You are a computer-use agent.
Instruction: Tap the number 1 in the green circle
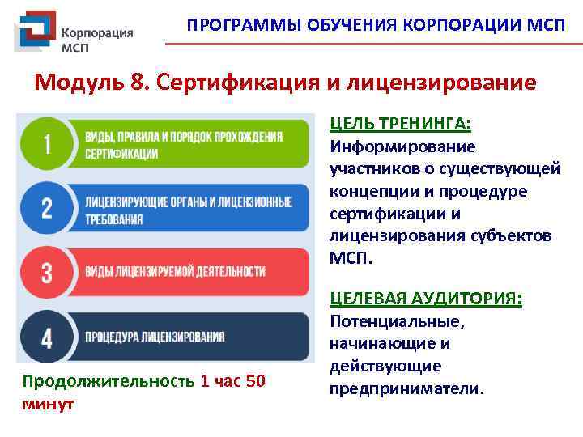[46, 145]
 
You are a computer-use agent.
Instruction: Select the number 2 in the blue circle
[46, 209]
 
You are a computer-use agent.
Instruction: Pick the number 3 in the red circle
[46, 272]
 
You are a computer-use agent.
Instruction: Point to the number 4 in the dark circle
[46, 336]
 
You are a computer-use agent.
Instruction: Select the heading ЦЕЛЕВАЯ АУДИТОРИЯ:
[425, 299]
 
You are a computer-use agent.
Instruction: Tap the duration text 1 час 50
[232, 381]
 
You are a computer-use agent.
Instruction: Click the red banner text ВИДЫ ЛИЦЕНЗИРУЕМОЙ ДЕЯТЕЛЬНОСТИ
[175, 270]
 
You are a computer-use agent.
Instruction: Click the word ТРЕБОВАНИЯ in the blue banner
[114, 218]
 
